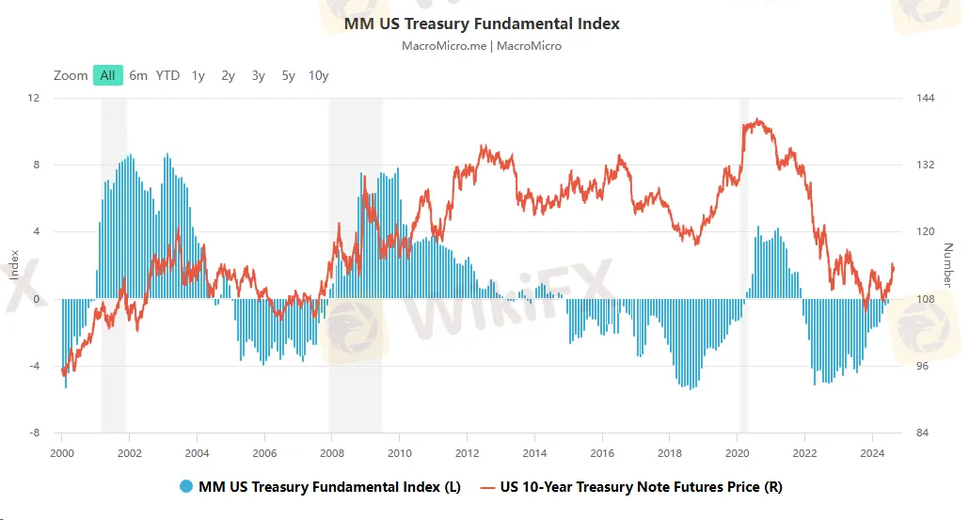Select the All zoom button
tap(108, 75)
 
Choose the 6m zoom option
tap(138, 75)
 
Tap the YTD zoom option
tap(167, 75)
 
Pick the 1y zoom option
tap(199, 75)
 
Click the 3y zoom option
tap(258, 75)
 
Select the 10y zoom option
tap(318, 75)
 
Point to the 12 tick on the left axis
tap(34, 98)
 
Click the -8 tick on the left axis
tap(33, 433)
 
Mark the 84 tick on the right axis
tap(923, 433)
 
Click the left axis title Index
tap(14, 264)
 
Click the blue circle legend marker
tap(185, 487)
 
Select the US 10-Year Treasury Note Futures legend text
tap(641, 487)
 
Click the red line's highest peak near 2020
tap(757, 119)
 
